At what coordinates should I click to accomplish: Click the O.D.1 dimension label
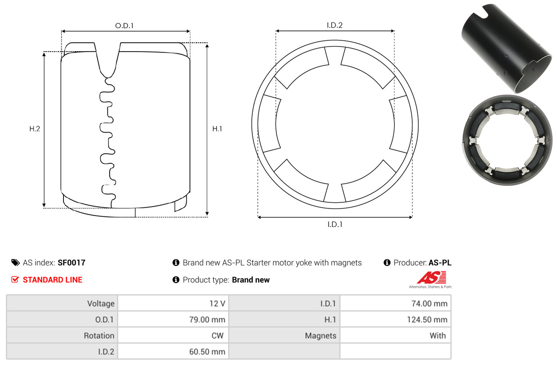click(124, 26)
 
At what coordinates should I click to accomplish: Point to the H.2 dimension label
click(35, 129)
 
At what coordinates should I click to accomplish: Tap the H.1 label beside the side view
click(217, 129)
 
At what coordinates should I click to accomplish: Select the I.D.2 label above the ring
click(334, 25)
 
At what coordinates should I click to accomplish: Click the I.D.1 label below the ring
click(335, 224)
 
